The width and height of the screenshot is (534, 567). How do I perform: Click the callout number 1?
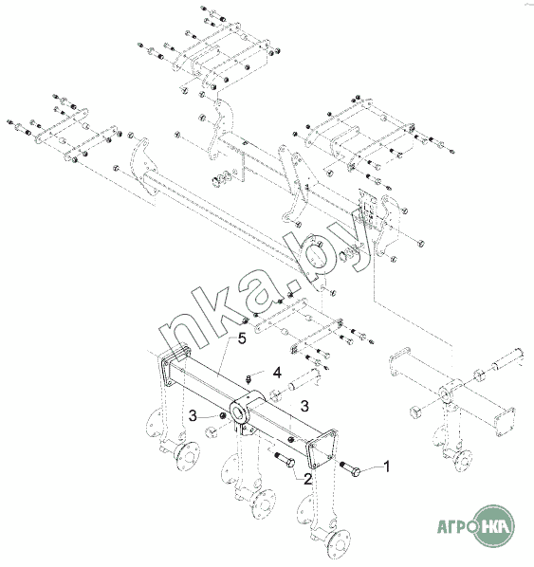click(386, 466)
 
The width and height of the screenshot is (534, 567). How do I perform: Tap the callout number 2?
click(307, 479)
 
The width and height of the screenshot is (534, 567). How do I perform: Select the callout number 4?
click(277, 373)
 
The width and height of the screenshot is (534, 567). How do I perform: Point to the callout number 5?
click(242, 338)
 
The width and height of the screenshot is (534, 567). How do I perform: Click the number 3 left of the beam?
click(193, 416)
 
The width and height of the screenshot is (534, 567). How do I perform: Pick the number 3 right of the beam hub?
click(304, 406)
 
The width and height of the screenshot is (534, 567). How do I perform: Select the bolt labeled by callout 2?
click(285, 459)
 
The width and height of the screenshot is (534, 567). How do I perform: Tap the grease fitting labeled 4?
click(249, 379)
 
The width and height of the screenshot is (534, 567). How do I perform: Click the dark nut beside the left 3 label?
click(223, 417)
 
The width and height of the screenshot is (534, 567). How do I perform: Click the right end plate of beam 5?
click(322, 448)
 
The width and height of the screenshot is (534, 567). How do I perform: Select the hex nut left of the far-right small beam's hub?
click(415, 412)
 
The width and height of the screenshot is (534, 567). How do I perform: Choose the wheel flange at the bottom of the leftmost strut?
click(188, 457)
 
